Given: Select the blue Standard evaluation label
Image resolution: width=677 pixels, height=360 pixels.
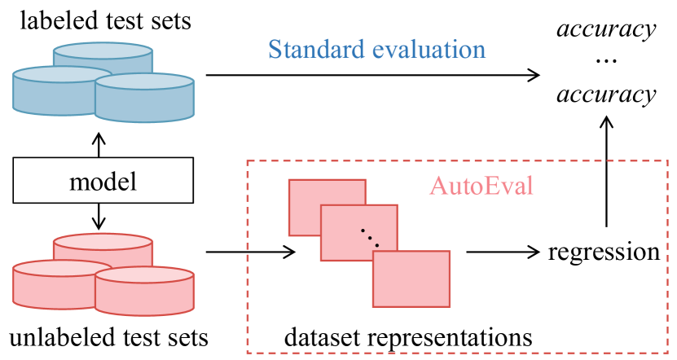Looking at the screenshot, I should click(377, 49).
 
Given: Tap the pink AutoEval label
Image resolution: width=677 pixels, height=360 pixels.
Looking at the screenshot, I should click(481, 186).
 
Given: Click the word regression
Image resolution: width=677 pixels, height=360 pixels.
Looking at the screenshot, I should click(604, 251).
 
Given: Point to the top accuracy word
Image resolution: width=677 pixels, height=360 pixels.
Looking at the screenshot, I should click(605, 30).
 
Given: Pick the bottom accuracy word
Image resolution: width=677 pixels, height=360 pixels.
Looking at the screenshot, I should click(605, 94).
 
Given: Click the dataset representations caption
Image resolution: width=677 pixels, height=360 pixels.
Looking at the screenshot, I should click(408, 336).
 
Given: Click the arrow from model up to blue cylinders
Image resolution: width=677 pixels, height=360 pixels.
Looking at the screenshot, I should click(99, 144).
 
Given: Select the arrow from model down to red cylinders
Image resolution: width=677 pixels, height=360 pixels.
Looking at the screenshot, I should click(99, 216).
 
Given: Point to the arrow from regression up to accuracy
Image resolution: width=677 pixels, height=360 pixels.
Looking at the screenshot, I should click(605, 171).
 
